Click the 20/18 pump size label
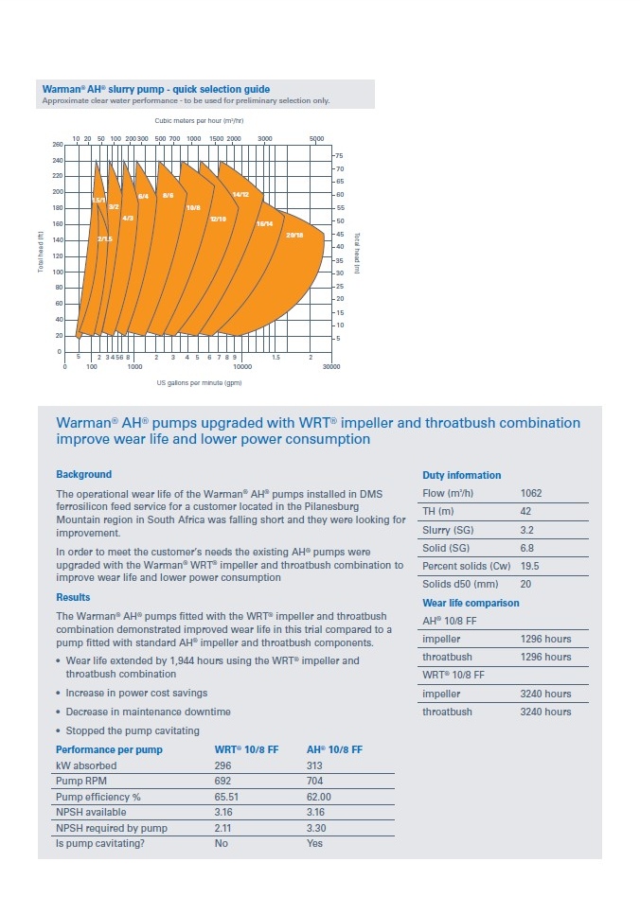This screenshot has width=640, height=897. click(x=294, y=235)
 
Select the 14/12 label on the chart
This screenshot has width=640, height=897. click(x=240, y=194)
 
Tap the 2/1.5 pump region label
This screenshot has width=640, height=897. click(x=105, y=239)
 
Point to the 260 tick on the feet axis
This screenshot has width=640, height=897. click(x=57, y=145)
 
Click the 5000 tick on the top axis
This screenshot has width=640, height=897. click(x=316, y=138)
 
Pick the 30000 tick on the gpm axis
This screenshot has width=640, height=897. click(x=331, y=366)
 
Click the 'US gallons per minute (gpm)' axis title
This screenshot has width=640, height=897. click(x=199, y=383)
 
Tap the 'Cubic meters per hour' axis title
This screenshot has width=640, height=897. click(x=199, y=121)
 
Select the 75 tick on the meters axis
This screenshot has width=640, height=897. click(x=339, y=155)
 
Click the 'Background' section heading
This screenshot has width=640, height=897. click(x=83, y=474)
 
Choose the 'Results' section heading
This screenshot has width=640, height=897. click(x=73, y=597)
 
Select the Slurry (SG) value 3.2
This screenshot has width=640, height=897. click(x=527, y=530)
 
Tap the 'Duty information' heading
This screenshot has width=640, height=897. click(x=461, y=475)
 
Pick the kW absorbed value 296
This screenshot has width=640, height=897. click(x=223, y=765)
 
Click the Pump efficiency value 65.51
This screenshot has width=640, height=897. click(x=228, y=797)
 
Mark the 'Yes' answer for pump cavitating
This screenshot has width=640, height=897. click(x=315, y=844)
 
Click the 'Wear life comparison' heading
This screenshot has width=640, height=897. click(x=471, y=603)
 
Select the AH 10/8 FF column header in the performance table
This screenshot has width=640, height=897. click(x=334, y=749)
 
